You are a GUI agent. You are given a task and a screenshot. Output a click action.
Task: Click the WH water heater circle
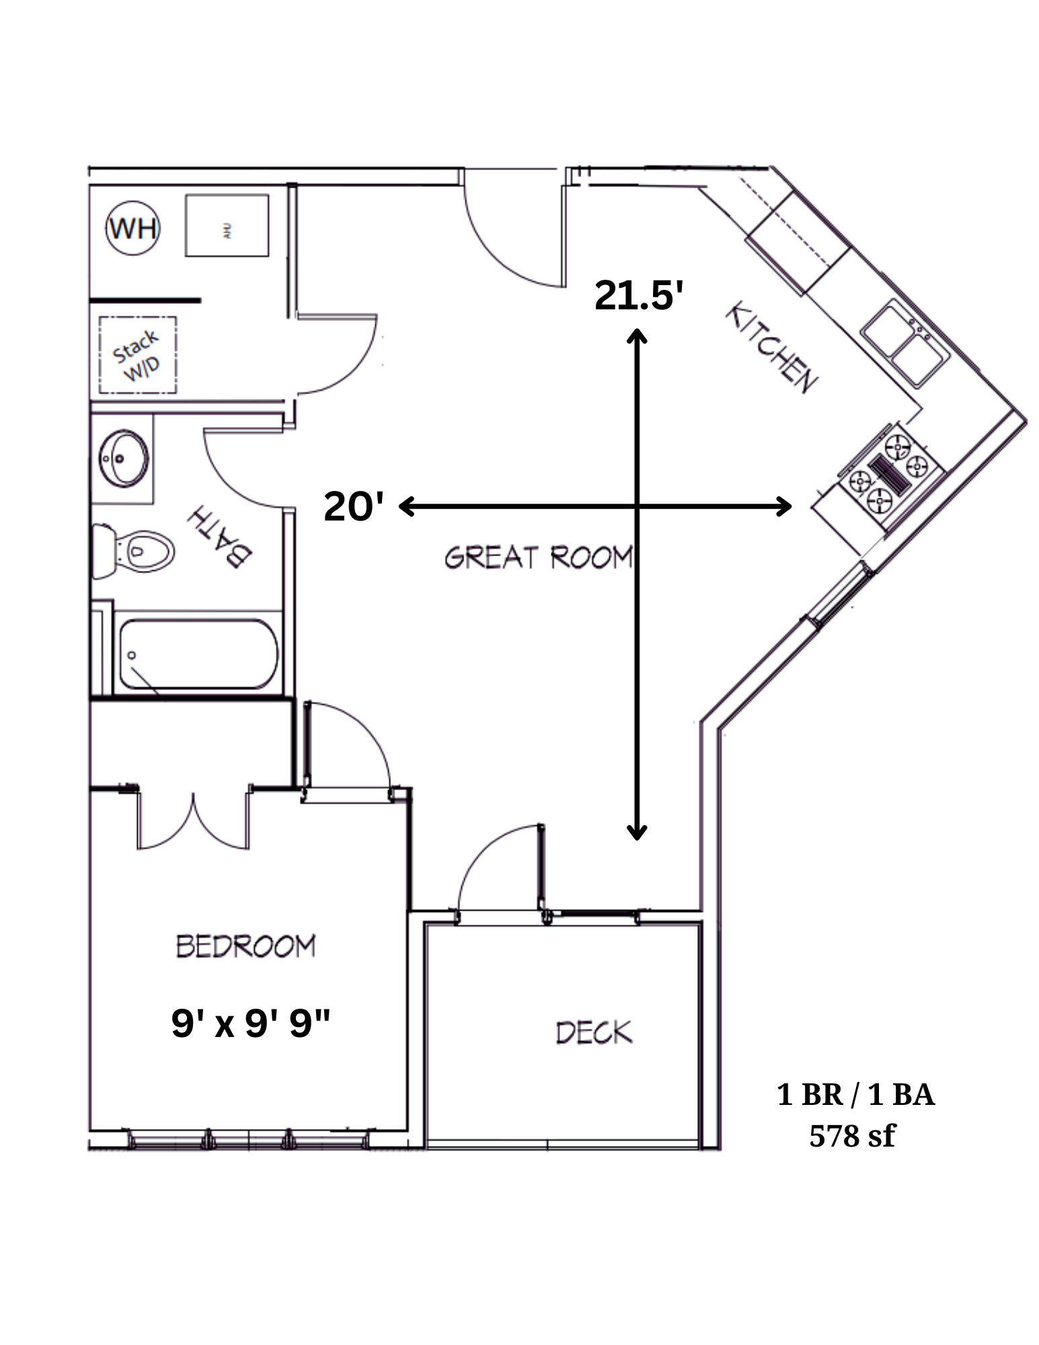133,229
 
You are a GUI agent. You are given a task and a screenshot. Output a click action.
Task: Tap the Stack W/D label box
138,354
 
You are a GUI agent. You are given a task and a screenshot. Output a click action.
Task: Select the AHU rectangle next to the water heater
227,225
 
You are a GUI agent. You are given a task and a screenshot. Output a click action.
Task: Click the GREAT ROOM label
538,558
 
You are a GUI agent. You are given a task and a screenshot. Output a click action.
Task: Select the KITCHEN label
771,348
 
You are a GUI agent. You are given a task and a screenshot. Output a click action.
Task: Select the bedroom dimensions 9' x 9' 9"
250,1024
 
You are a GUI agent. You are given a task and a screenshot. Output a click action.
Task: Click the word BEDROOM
245,946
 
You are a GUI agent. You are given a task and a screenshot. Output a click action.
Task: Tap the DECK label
594,1032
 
